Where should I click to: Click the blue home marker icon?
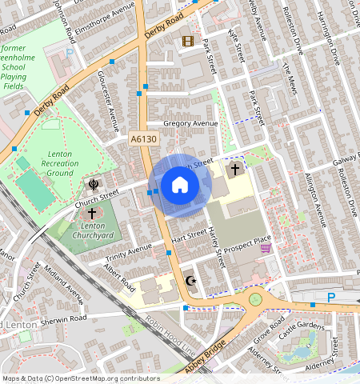tap(180, 186)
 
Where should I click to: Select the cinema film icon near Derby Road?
tap(187, 41)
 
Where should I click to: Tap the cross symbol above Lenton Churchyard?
tap(92, 214)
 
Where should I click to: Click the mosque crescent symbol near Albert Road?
tap(190, 281)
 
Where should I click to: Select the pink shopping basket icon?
tap(266, 249)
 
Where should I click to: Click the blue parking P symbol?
tap(331, 297)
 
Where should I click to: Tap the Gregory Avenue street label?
tap(190, 124)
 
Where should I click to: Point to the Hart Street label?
tap(189, 237)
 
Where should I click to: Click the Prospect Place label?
tap(248, 239)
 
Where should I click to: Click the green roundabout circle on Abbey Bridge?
tap(256, 300)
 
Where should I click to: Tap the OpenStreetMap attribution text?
tap(81, 378)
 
